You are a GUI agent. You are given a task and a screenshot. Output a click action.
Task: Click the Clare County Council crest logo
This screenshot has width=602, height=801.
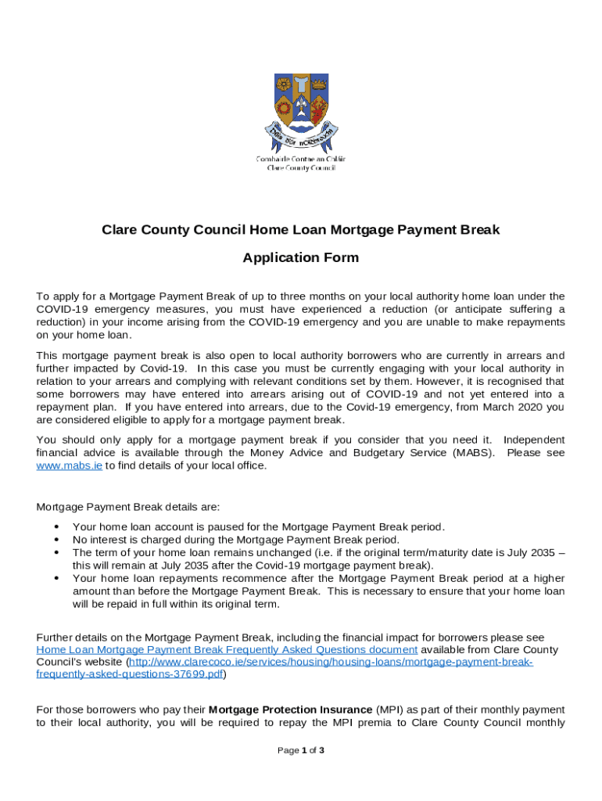click(x=301, y=110)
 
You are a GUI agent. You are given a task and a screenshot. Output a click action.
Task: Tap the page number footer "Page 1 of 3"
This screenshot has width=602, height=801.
click(x=301, y=751)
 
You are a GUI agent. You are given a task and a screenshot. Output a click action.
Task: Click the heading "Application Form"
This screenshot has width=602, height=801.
click(x=301, y=258)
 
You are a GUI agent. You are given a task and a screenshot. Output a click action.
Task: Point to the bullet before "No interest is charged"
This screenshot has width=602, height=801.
click(x=56, y=540)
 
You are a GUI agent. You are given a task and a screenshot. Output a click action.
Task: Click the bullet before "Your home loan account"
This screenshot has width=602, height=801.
click(x=56, y=527)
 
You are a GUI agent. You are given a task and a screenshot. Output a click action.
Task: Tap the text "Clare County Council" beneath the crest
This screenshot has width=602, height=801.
click(x=301, y=167)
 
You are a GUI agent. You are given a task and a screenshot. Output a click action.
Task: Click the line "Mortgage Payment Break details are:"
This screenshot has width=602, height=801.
click(x=128, y=506)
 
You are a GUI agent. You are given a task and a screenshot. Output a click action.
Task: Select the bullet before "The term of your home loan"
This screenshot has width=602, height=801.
click(x=56, y=552)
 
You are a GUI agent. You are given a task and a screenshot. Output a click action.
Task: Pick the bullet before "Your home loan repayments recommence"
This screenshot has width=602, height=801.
click(x=56, y=578)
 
